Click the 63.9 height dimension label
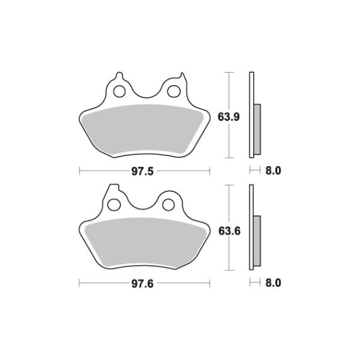[x=229, y=117]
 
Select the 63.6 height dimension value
[x=229, y=231]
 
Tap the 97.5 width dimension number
[x=142, y=171]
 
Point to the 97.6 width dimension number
[x=142, y=284]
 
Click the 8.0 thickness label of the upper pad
[x=273, y=171]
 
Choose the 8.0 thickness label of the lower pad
[x=273, y=283]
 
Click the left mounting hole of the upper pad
[x=119, y=92]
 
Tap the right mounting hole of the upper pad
[x=174, y=92]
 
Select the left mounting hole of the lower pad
[x=114, y=205]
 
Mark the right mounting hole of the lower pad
[x=169, y=205]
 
